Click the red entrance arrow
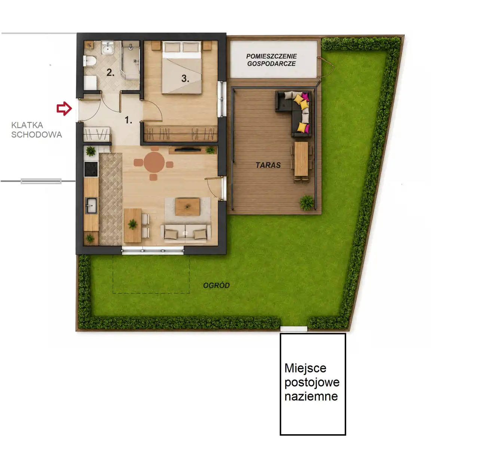click(x=64, y=108)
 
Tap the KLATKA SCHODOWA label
click(x=36, y=130)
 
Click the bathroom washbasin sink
click(x=107, y=48)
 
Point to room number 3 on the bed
click(x=185, y=78)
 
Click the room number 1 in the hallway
click(x=128, y=120)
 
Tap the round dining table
click(x=154, y=162)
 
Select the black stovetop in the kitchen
click(x=91, y=169)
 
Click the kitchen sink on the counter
click(x=91, y=205)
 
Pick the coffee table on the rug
click(x=187, y=207)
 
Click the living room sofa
click(x=186, y=232)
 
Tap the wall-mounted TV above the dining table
click(x=187, y=149)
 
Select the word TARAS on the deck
click(x=268, y=165)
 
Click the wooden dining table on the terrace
click(x=301, y=159)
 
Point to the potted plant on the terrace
click(x=307, y=203)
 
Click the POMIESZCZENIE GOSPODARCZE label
click(x=272, y=60)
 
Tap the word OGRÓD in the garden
click(x=216, y=286)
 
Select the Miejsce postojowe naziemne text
click(x=312, y=382)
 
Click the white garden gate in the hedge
click(x=294, y=329)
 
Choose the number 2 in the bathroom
click(x=110, y=72)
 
